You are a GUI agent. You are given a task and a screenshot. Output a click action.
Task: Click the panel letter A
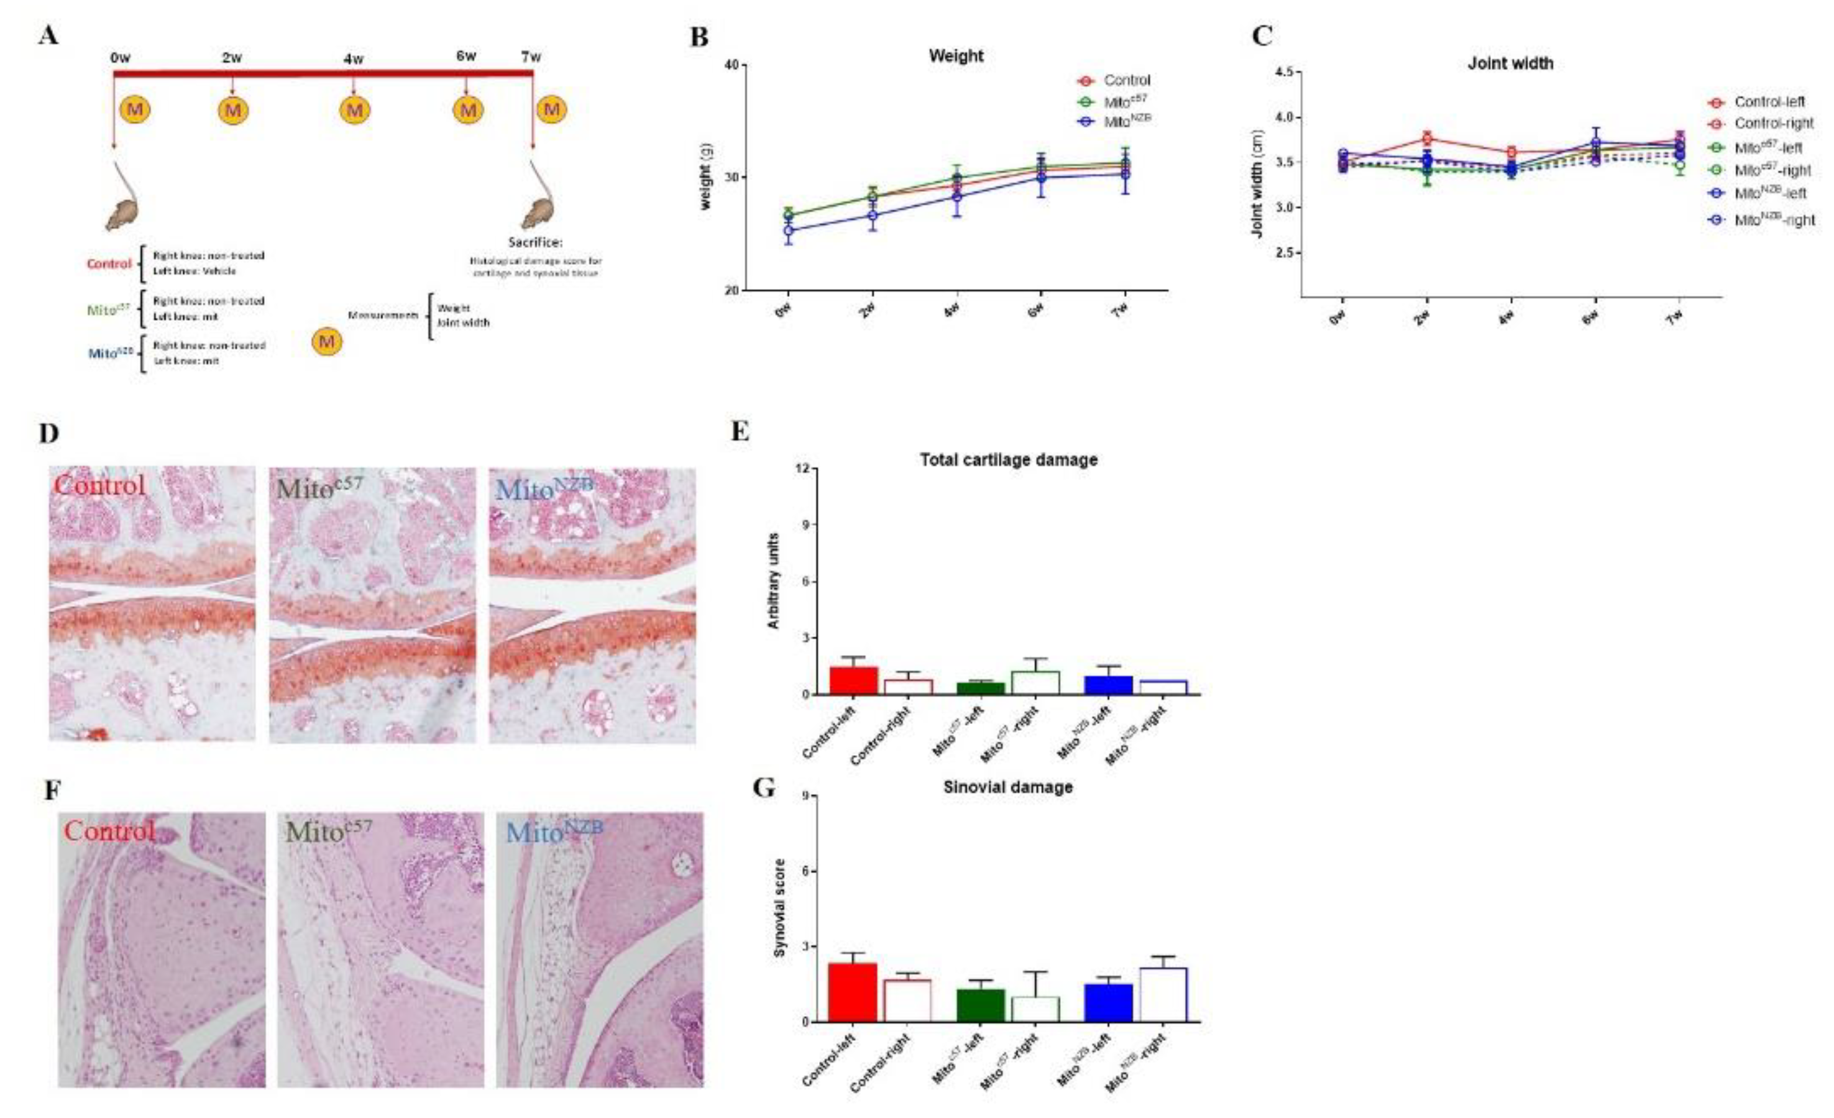tap(48, 35)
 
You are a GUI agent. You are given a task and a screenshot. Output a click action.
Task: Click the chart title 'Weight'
tap(956, 56)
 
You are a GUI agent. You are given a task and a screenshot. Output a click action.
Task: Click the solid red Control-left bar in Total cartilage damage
tap(853, 680)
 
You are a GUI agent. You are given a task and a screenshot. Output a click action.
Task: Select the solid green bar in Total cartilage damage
tap(980, 689)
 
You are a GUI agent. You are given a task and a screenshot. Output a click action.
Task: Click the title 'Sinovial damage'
tap(1008, 787)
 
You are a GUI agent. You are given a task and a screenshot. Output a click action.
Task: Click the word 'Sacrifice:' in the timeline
tap(535, 242)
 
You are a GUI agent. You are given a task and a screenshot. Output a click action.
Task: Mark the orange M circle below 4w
tap(354, 110)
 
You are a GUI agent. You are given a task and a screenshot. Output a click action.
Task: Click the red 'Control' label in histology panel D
tap(99, 485)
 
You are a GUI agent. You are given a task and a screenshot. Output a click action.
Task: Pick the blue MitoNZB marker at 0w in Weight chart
tap(788, 230)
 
